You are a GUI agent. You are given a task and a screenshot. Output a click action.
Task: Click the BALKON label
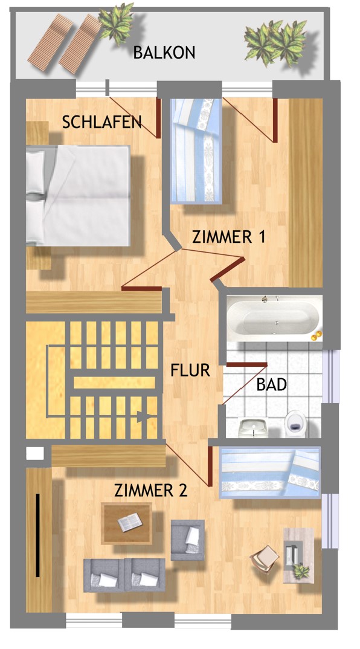164,53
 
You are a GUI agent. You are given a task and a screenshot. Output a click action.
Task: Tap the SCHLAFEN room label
102,122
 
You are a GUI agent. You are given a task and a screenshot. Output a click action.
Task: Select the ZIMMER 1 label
228,237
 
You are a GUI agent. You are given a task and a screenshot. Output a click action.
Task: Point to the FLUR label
190,370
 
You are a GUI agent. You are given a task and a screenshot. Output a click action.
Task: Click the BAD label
271,384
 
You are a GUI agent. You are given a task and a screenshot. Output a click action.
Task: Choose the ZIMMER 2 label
150,491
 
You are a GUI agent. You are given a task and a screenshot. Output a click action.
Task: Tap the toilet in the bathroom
295,423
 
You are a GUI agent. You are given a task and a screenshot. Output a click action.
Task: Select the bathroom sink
252,427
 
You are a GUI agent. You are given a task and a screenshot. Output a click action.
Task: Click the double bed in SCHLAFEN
78,195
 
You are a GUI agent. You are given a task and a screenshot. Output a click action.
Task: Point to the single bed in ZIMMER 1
196,150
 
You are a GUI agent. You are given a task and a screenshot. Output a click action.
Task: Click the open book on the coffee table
129,522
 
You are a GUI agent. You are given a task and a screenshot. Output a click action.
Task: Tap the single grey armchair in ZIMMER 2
187,540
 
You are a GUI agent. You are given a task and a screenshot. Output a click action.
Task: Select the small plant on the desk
301,571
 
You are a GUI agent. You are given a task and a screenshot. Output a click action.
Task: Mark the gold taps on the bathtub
317,335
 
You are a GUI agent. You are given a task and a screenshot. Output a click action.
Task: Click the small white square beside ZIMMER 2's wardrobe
35,453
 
